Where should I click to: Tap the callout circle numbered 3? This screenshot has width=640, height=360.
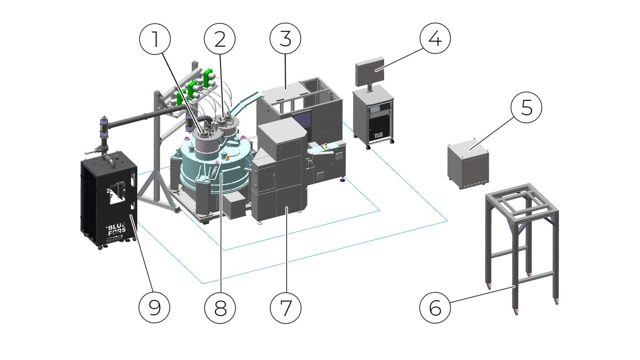pos(285,39)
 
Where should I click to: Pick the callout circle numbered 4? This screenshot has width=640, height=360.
pos(435,39)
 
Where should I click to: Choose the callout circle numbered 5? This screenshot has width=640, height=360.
pos(526,107)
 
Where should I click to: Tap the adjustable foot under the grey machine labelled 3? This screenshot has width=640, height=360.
pos(342,180)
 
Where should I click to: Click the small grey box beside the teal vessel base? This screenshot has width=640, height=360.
pos(236,206)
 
